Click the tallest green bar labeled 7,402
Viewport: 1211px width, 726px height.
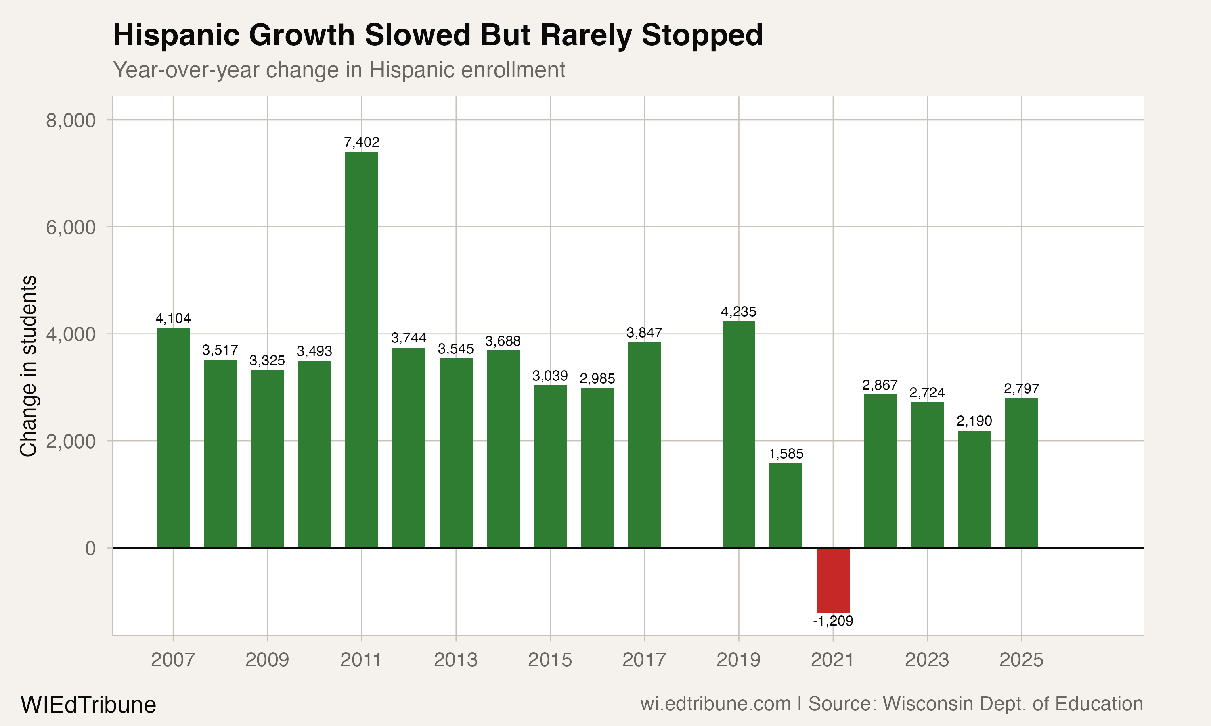click(361, 349)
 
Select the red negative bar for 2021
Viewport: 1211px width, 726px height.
click(833, 580)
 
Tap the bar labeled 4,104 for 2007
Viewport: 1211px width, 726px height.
click(173, 438)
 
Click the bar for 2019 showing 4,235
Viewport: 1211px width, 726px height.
click(739, 434)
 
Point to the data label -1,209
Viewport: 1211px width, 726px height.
click(833, 621)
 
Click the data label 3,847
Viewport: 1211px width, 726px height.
click(644, 333)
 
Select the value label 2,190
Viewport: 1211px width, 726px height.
click(974, 421)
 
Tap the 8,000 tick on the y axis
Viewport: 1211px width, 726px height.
click(71, 120)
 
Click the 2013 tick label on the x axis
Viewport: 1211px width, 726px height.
click(455, 660)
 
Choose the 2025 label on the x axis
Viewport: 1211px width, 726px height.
click(1021, 660)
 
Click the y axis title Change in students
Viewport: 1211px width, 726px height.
click(28, 366)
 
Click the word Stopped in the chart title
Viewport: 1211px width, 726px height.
click(702, 35)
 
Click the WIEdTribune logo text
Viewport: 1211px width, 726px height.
click(88, 705)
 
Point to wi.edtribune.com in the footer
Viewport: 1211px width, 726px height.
click(715, 704)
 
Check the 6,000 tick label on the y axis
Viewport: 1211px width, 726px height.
click(71, 227)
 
